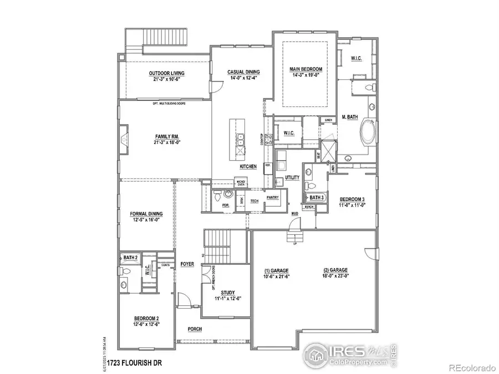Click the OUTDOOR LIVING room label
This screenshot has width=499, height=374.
tap(166, 73)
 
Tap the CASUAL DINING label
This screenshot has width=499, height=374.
tap(244, 72)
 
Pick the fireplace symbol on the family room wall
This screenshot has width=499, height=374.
tap(123, 136)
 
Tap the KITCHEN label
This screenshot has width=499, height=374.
tap(247, 166)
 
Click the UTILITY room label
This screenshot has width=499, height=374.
tap(292, 178)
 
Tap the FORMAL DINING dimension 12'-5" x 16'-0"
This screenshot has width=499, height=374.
tap(146, 219)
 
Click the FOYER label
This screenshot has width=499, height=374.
tap(187, 264)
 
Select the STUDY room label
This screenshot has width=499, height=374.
tap(228, 293)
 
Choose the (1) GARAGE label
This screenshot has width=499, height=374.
tap(276, 270)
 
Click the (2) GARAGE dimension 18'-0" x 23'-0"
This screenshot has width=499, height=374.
tap(335, 276)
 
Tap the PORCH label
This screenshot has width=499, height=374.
tap(194, 329)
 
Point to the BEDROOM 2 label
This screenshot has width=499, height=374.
tap(146, 318)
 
